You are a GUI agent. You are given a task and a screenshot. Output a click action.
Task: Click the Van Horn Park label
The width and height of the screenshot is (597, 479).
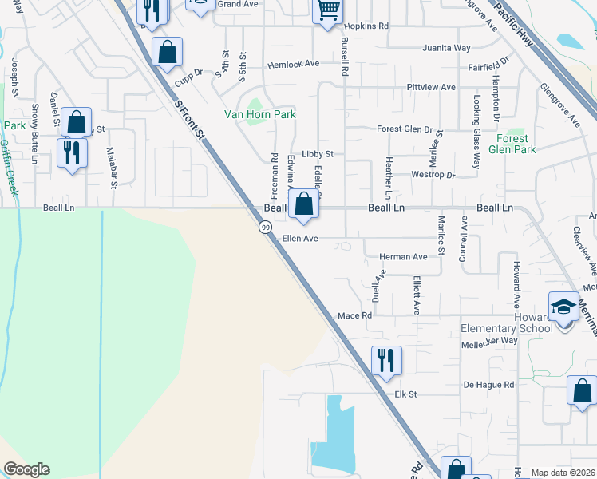(x=259, y=114)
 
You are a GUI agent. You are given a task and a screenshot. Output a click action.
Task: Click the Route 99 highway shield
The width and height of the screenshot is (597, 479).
(x=263, y=228)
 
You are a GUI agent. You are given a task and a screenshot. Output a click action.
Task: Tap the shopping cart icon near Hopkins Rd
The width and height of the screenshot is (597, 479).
(x=327, y=11)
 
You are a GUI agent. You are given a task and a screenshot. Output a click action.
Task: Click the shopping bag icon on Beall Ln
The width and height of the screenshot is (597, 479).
(x=303, y=204)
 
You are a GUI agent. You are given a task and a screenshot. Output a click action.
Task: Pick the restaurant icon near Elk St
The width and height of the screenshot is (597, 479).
(x=386, y=360)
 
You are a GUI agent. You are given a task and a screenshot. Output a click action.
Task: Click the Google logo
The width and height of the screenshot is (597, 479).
(x=26, y=469)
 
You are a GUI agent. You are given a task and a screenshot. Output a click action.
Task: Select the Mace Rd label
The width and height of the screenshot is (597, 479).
(x=355, y=316)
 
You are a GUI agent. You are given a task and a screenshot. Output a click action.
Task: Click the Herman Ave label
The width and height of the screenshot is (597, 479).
(x=403, y=256)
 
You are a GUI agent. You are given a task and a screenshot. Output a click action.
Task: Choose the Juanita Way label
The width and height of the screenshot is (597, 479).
(x=451, y=48)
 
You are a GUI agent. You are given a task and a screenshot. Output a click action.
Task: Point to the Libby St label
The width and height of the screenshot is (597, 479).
(x=318, y=153)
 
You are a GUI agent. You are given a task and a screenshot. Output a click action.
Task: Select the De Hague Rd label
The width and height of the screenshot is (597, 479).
(x=488, y=385)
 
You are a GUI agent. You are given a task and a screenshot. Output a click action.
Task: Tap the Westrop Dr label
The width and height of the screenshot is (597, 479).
(x=433, y=174)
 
